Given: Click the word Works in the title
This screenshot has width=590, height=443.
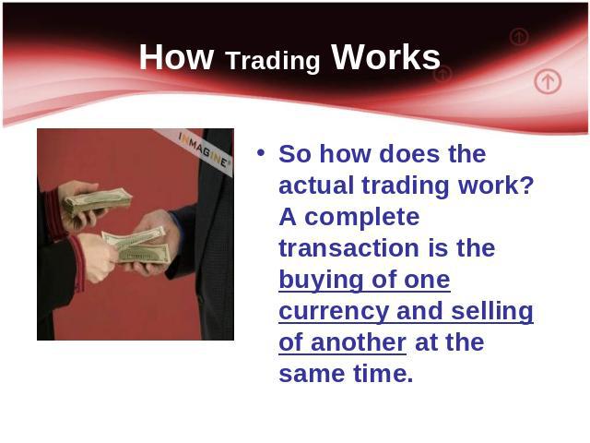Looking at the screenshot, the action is tap(385, 56).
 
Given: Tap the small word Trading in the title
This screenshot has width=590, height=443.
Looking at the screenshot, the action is tap(273, 61).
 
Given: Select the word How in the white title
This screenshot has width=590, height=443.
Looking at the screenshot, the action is tap(176, 57).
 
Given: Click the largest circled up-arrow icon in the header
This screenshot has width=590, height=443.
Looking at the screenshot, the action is tap(548, 81).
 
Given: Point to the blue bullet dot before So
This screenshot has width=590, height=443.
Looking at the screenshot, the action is tap(261, 153).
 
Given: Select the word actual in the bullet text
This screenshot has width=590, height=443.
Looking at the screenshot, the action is tap(316, 186).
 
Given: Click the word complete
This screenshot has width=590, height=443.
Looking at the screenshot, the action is tap(362, 219).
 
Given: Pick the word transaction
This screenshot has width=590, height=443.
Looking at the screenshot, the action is tap(349, 248).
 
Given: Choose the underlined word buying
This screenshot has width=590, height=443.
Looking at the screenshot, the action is tap(321, 281).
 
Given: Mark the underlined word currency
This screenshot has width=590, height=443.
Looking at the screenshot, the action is tap(334, 312).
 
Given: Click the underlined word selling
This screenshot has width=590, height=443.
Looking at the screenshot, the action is tap(492, 312).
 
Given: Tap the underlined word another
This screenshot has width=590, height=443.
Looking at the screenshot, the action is tap(359, 342).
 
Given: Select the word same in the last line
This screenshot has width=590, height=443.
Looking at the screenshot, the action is tap(312, 375).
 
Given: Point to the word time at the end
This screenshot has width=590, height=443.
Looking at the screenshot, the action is tap(383, 373).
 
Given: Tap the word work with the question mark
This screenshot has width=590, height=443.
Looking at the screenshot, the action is tap(496, 186).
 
